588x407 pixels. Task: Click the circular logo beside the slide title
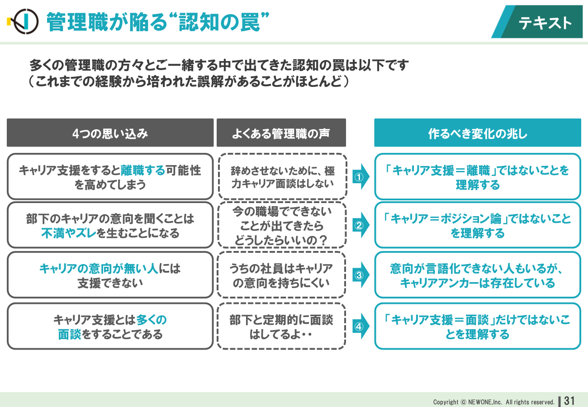[x=26, y=22]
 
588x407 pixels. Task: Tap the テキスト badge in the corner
[x=537, y=22]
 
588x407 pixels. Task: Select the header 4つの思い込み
[x=110, y=133]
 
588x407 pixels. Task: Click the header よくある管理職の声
[x=281, y=133]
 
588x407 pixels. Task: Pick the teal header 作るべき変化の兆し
[x=478, y=133]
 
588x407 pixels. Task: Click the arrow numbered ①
[x=360, y=177]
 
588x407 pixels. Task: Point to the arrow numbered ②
[x=360, y=225]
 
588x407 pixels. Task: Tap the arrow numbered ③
[x=360, y=275]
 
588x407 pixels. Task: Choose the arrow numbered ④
[x=360, y=327]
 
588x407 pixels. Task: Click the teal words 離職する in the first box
[x=143, y=170]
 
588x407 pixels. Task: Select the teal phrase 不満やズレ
[x=69, y=233]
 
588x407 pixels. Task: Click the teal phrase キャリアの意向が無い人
[x=99, y=268]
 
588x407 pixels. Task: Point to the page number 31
[x=569, y=401]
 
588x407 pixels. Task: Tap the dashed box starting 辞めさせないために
[x=282, y=177]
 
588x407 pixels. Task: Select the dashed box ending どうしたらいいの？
[x=282, y=225]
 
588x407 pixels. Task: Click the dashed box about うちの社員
[x=281, y=275]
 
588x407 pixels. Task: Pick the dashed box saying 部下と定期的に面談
[x=281, y=327]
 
